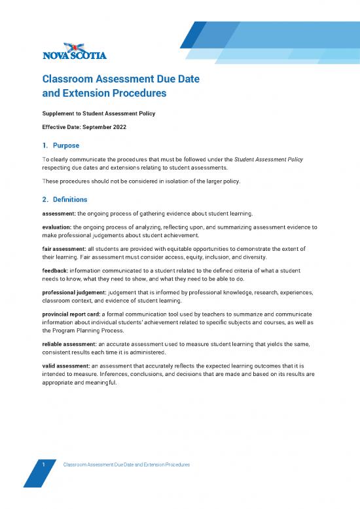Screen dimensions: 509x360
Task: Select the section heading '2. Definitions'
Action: pyautogui.click(x=65, y=198)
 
